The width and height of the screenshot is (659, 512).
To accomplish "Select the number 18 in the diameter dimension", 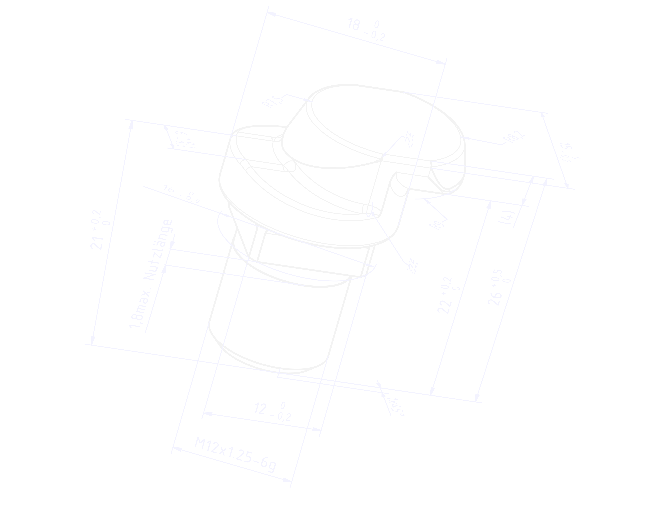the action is [355, 24].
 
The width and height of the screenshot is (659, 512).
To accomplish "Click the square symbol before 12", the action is [246, 406].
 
